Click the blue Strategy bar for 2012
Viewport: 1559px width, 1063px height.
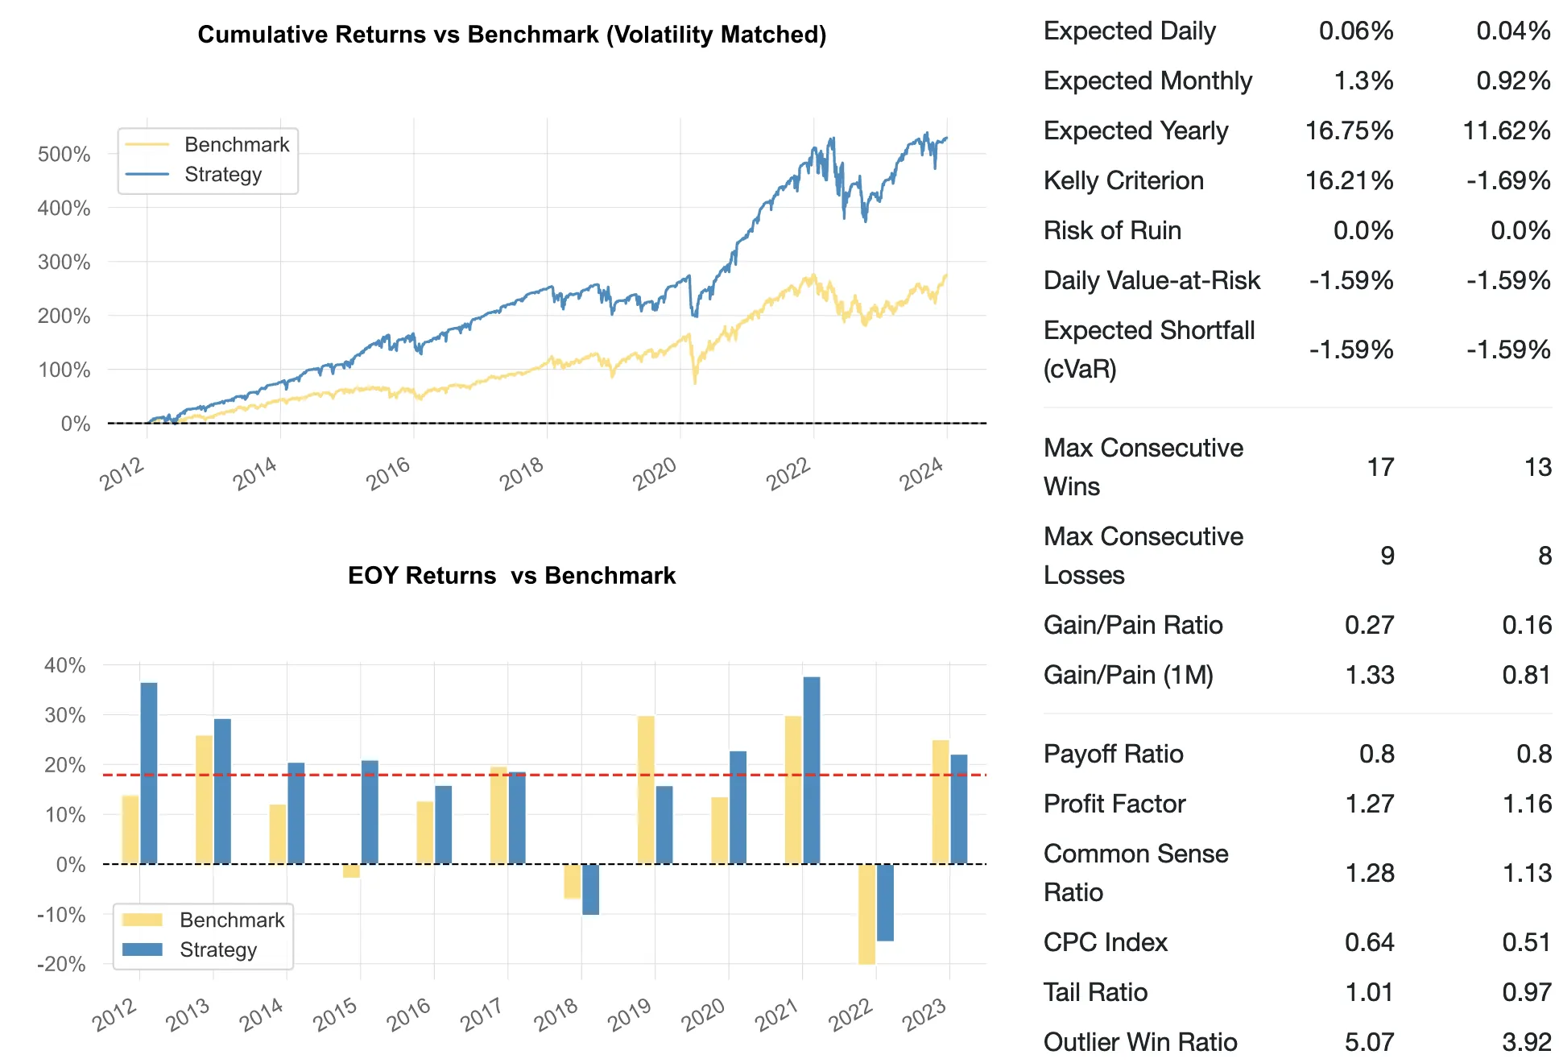tap(149, 773)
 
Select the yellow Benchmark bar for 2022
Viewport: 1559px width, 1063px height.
tap(866, 914)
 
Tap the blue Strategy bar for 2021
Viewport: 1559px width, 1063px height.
tap(812, 770)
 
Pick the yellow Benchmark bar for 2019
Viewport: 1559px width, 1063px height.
tap(646, 790)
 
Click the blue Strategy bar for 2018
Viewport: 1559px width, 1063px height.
tap(590, 889)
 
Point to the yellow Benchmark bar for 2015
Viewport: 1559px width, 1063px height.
tap(351, 871)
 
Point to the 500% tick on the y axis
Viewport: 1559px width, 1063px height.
tap(64, 154)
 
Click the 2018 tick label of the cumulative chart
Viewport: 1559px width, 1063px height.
tap(522, 474)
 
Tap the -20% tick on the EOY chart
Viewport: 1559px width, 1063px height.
tap(62, 964)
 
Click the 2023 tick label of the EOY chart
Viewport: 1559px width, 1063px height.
tap(924, 1015)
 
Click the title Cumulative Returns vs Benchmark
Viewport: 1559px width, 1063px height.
tap(512, 35)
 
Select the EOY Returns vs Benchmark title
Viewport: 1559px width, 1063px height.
tap(512, 576)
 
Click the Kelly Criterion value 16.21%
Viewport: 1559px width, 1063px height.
tap(1349, 180)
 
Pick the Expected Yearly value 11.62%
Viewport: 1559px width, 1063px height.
tap(1506, 130)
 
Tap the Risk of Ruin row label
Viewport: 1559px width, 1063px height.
tap(1112, 230)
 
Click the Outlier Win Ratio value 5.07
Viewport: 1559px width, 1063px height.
tap(1369, 1042)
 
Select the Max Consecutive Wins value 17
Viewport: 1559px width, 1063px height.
tap(1380, 467)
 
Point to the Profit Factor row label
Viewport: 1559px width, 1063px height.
tap(1114, 804)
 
